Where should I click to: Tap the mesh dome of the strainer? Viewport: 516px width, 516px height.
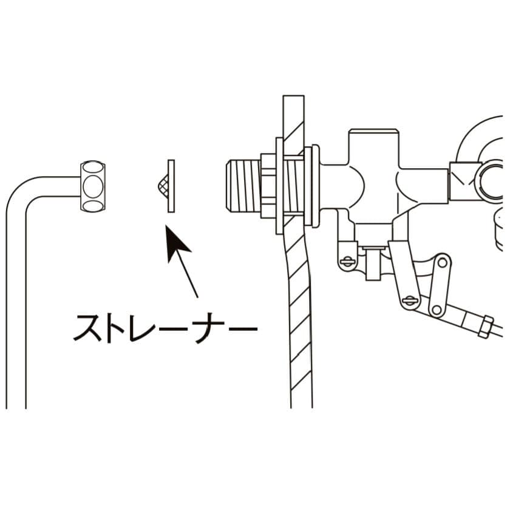click(x=160, y=186)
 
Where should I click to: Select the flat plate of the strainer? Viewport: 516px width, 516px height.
click(x=171, y=186)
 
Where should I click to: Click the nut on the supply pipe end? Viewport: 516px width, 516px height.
click(x=93, y=186)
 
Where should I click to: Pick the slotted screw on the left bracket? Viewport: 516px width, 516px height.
click(x=347, y=262)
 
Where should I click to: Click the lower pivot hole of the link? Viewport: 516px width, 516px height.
click(x=436, y=308)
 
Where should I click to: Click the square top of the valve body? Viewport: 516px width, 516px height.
click(x=372, y=146)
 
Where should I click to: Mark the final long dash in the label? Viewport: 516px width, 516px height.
click(x=243, y=328)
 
